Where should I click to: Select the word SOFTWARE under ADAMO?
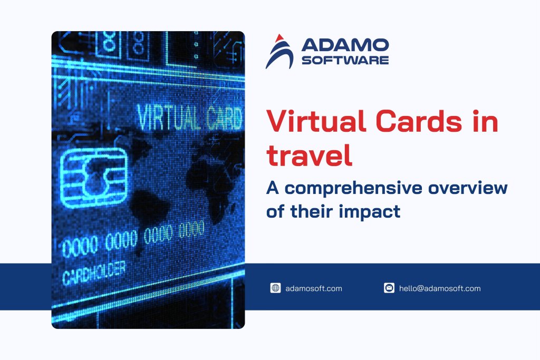coord(345,60)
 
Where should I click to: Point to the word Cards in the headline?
coord(411,122)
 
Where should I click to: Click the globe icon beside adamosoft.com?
coord(275,288)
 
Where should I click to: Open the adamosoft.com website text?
coord(313,288)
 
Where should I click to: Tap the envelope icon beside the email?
coord(389,288)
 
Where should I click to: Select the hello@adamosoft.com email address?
coord(440,288)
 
